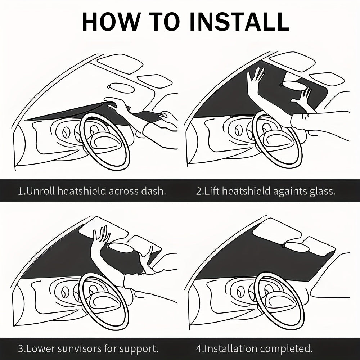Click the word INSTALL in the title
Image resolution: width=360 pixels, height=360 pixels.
239,22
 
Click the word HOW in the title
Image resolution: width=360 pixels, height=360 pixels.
111,22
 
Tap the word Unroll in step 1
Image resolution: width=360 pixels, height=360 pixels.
41,191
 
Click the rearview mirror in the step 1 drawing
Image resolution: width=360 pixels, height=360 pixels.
121,88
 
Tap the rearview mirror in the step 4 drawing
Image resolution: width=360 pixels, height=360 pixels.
296,247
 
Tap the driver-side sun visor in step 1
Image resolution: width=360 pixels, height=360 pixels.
120,63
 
